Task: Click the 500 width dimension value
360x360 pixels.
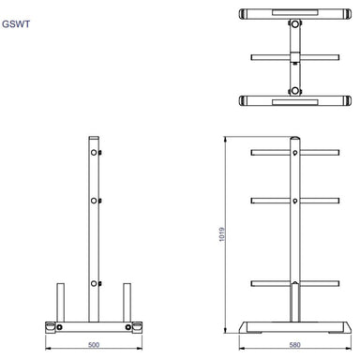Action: [93, 344]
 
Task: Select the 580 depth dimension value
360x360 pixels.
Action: [293, 344]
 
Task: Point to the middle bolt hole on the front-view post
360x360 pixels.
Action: [93, 199]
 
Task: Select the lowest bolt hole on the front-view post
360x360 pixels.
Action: [93, 282]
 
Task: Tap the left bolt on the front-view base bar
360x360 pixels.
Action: [60, 327]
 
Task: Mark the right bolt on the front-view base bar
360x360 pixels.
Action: [127, 327]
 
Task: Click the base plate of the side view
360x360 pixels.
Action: [294, 326]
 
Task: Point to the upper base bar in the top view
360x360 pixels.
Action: [294, 15]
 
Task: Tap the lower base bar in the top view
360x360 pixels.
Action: [294, 98]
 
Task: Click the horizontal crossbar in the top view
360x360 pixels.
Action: [272, 57]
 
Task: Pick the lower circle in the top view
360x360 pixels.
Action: [294, 91]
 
